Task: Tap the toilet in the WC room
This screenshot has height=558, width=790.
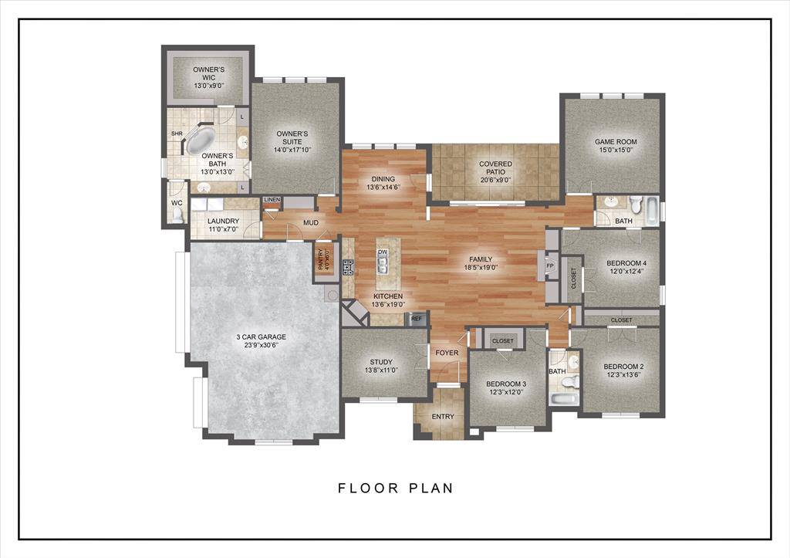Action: click(x=177, y=216)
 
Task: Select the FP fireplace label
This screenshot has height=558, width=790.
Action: click(x=550, y=266)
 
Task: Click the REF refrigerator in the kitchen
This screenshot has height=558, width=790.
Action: click(x=417, y=318)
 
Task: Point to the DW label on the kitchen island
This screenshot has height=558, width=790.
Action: click(x=383, y=252)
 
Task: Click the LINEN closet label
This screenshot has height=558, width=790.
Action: click(x=272, y=201)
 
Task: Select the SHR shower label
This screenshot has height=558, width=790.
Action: click(x=176, y=133)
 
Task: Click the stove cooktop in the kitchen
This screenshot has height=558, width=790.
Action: click(x=348, y=267)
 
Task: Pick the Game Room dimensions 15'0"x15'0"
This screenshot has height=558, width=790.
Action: click(x=615, y=150)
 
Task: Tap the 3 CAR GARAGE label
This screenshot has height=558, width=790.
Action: click(x=261, y=336)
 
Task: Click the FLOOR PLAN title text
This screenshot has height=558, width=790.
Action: click(x=395, y=488)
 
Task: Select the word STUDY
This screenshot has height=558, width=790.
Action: click(x=381, y=361)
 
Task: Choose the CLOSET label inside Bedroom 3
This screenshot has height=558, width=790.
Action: click(x=503, y=340)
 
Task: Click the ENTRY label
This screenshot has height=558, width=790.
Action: click(x=443, y=417)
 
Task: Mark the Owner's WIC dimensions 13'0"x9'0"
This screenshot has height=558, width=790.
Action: click(x=209, y=86)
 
